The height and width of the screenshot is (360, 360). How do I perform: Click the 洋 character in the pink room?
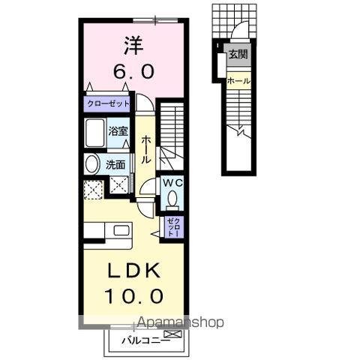click(x=134, y=45)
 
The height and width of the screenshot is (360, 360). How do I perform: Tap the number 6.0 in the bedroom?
click(x=135, y=72)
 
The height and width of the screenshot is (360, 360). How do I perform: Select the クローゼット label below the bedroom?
click(x=108, y=103)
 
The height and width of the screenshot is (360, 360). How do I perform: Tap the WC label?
click(x=171, y=182)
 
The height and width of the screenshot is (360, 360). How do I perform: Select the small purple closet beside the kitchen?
click(x=172, y=226)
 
